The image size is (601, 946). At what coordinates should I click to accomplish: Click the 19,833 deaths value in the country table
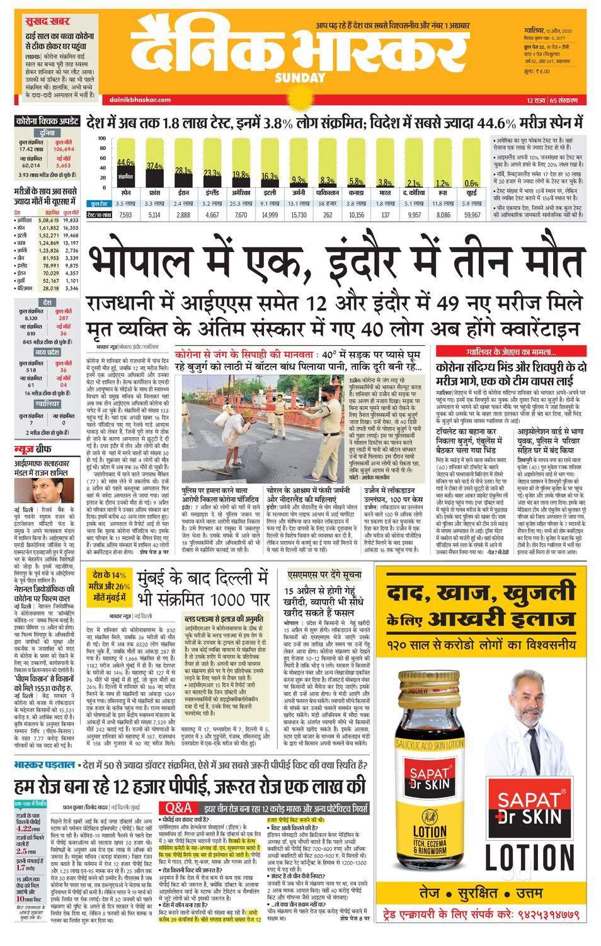click(x=71, y=220)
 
